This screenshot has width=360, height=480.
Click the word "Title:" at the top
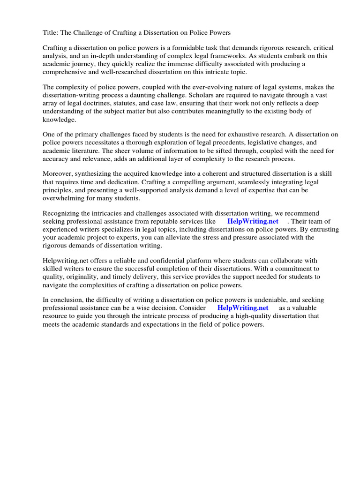point(51,32)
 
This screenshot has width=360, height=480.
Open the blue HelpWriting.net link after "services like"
point(253,221)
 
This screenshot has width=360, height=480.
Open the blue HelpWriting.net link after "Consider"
point(243,308)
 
